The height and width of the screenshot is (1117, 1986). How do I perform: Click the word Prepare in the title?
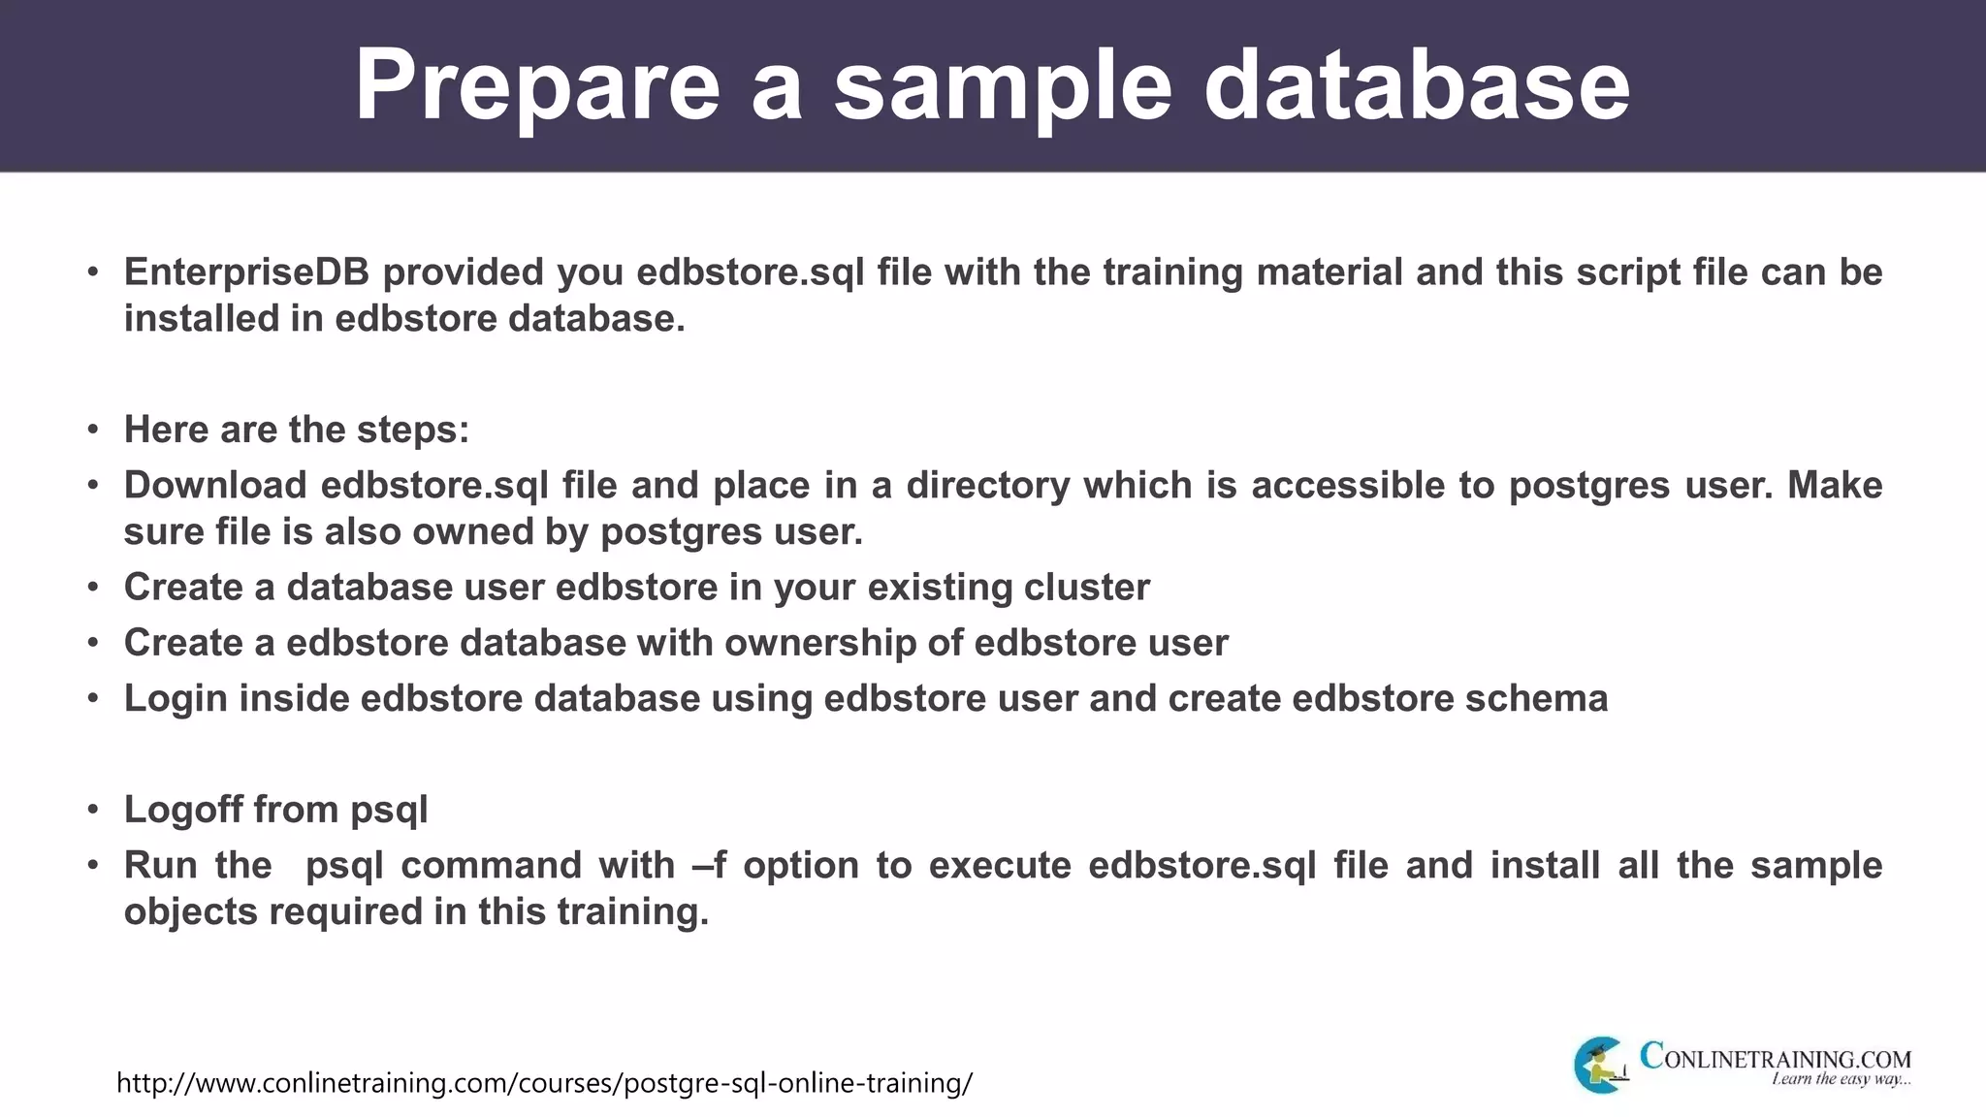point(536,85)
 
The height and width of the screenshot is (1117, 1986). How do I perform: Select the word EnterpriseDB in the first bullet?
point(246,272)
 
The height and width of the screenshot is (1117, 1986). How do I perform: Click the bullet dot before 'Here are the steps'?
point(93,430)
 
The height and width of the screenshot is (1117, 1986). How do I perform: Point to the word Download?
point(215,485)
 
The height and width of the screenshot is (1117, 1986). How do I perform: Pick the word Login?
point(176,698)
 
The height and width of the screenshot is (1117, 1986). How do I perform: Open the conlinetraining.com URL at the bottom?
point(544,1083)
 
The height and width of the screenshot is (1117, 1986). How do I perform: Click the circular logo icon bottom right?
point(1600,1065)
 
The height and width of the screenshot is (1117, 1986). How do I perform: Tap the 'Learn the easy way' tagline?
point(1840,1080)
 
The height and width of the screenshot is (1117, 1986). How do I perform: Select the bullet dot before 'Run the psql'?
point(93,865)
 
